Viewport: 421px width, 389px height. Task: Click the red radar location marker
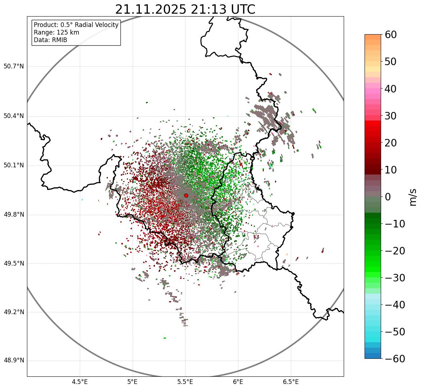(x=186, y=195)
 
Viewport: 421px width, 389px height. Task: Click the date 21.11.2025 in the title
(x=151, y=9)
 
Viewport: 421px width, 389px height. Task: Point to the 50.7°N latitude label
(x=14, y=67)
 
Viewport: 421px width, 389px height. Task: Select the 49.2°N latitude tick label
(x=14, y=312)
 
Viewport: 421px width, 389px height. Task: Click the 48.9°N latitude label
(x=14, y=361)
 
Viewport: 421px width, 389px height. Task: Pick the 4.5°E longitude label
(x=80, y=382)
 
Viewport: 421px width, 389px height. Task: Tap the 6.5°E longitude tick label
(x=290, y=382)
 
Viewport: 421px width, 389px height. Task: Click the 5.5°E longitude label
(x=185, y=382)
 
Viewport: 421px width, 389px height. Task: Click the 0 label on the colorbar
(x=388, y=197)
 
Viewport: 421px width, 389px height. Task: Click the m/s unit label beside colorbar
(x=413, y=197)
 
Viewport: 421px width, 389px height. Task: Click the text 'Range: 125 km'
(x=56, y=32)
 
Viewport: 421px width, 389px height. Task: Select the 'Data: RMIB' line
(x=50, y=40)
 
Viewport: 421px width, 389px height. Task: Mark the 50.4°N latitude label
(x=14, y=116)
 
